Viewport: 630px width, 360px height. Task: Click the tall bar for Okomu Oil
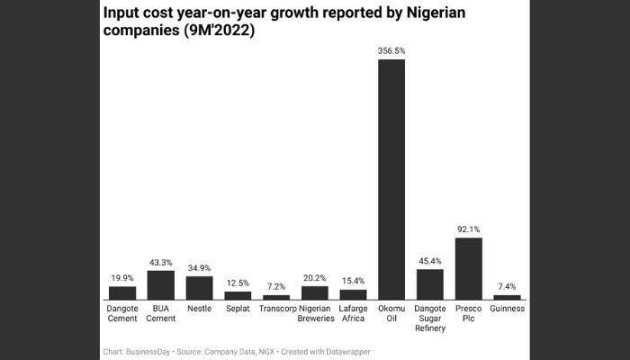click(391, 179)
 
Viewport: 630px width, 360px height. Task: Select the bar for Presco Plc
click(468, 268)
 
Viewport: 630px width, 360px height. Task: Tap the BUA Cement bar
click(160, 284)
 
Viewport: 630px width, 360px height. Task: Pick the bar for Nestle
click(199, 287)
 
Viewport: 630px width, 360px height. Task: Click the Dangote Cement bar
click(122, 292)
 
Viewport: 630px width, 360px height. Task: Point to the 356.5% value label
click(391, 51)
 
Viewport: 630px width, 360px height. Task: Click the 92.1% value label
click(468, 229)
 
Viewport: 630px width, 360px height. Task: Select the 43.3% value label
click(160, 262)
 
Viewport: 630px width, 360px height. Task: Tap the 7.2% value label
click(276, 286)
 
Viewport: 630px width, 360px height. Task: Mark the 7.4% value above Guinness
click(507, 286)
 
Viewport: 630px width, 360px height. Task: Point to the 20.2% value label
click(315, 278)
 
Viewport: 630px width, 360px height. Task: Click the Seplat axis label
click(238, 308)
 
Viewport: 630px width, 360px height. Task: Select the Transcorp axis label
click(276, 308)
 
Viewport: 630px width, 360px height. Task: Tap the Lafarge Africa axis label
click(353, 313)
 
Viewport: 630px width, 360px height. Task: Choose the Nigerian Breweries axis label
click(315, 313)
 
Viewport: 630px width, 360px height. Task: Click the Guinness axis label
click(507, 308)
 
